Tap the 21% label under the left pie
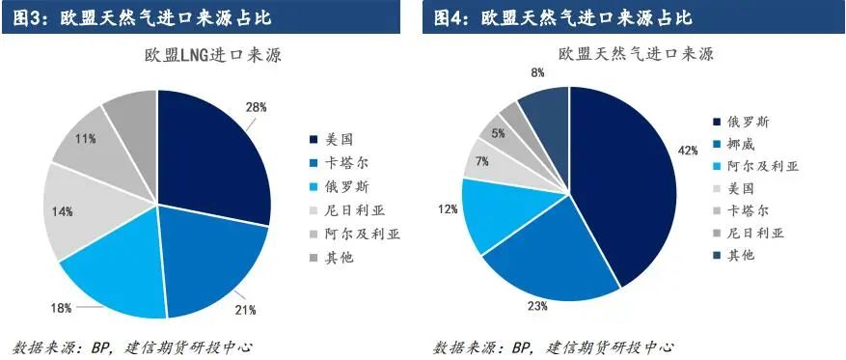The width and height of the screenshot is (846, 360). pos(246,310)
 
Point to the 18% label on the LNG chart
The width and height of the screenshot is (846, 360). pos(62,308)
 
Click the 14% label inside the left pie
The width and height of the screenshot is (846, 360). pos(63,211)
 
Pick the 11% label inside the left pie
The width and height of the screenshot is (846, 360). pos(86,139)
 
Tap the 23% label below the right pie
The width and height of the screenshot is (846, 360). pos(538,306)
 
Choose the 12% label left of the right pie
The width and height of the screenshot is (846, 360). pos(448,208)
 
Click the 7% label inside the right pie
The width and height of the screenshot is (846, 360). pos(482,161)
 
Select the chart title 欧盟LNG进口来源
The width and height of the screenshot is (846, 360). pos(213,55)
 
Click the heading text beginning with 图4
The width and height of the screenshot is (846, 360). pos(562,17)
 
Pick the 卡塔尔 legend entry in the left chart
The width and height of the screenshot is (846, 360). pos(334,162)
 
